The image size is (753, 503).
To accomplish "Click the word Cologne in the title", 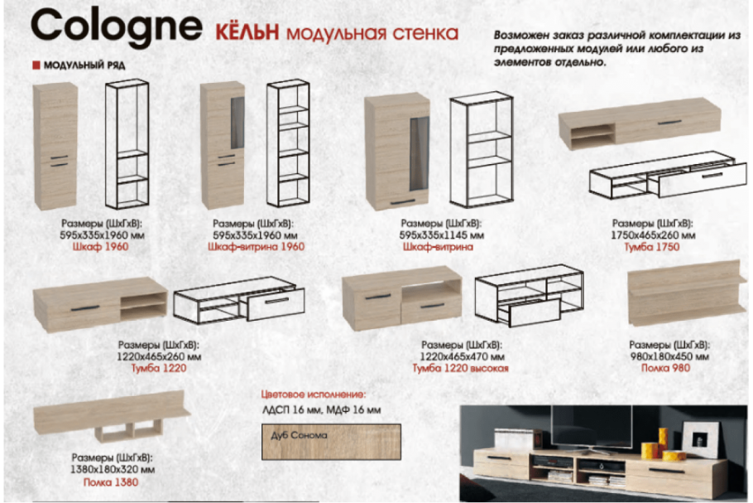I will pos(116,27).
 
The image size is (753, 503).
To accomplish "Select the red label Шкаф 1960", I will pos(102,246).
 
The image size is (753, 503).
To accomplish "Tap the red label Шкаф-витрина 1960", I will pos(256,246).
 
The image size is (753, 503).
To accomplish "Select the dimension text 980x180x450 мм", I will pos(669,355).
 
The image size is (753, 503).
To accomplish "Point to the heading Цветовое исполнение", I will pos(313,395).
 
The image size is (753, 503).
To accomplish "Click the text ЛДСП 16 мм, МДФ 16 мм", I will pos(321,410).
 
